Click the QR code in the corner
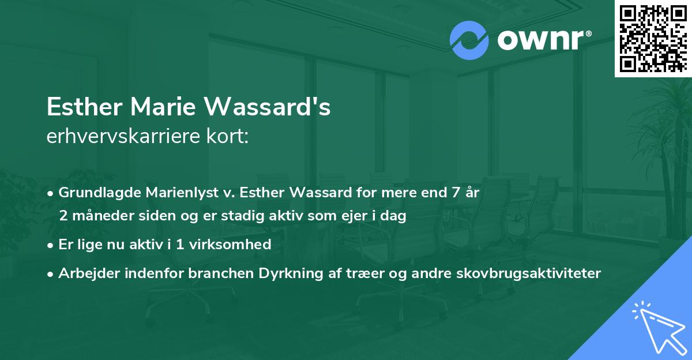(652, 39)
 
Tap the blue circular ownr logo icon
(469, 40)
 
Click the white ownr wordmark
(543, 40)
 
